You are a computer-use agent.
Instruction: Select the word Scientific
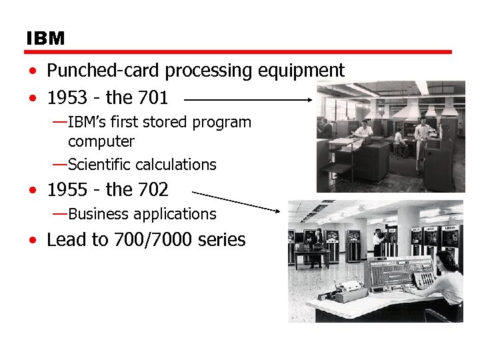point(99,165)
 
